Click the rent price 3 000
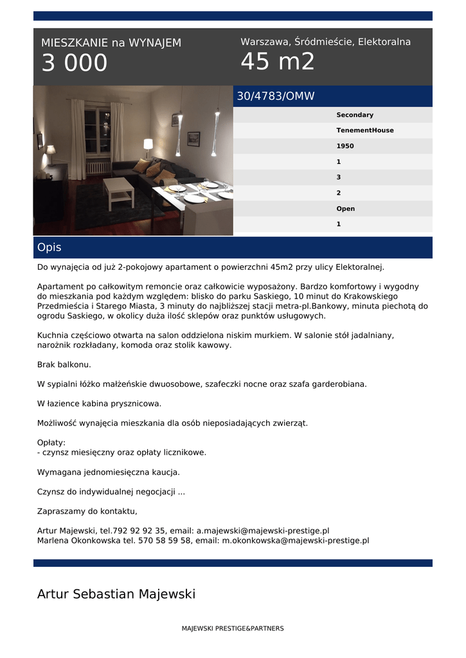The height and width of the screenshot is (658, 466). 75,63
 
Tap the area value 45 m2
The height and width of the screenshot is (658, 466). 278,62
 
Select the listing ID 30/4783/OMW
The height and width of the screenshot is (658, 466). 276,96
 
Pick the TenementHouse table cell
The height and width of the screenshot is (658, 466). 364,130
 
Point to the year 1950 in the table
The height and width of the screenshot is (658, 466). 345,146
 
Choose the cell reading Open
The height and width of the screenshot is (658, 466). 345,209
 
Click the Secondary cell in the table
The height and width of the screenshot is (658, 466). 354,115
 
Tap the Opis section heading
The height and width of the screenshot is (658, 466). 49,247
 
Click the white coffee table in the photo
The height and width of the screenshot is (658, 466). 118,190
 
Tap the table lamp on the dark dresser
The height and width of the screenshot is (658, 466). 51,154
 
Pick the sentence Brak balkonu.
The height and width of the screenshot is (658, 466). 64,364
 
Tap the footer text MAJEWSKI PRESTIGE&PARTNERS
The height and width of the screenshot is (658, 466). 233,628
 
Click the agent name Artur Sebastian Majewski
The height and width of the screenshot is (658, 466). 116,594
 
